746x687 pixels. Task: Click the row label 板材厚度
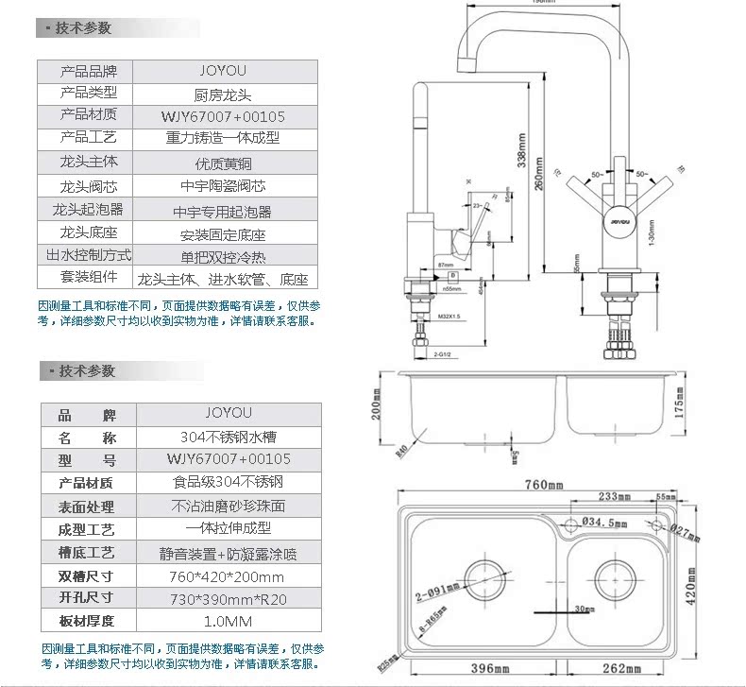(x=87, y=622)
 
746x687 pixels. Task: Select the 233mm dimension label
(x=615, y=496)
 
